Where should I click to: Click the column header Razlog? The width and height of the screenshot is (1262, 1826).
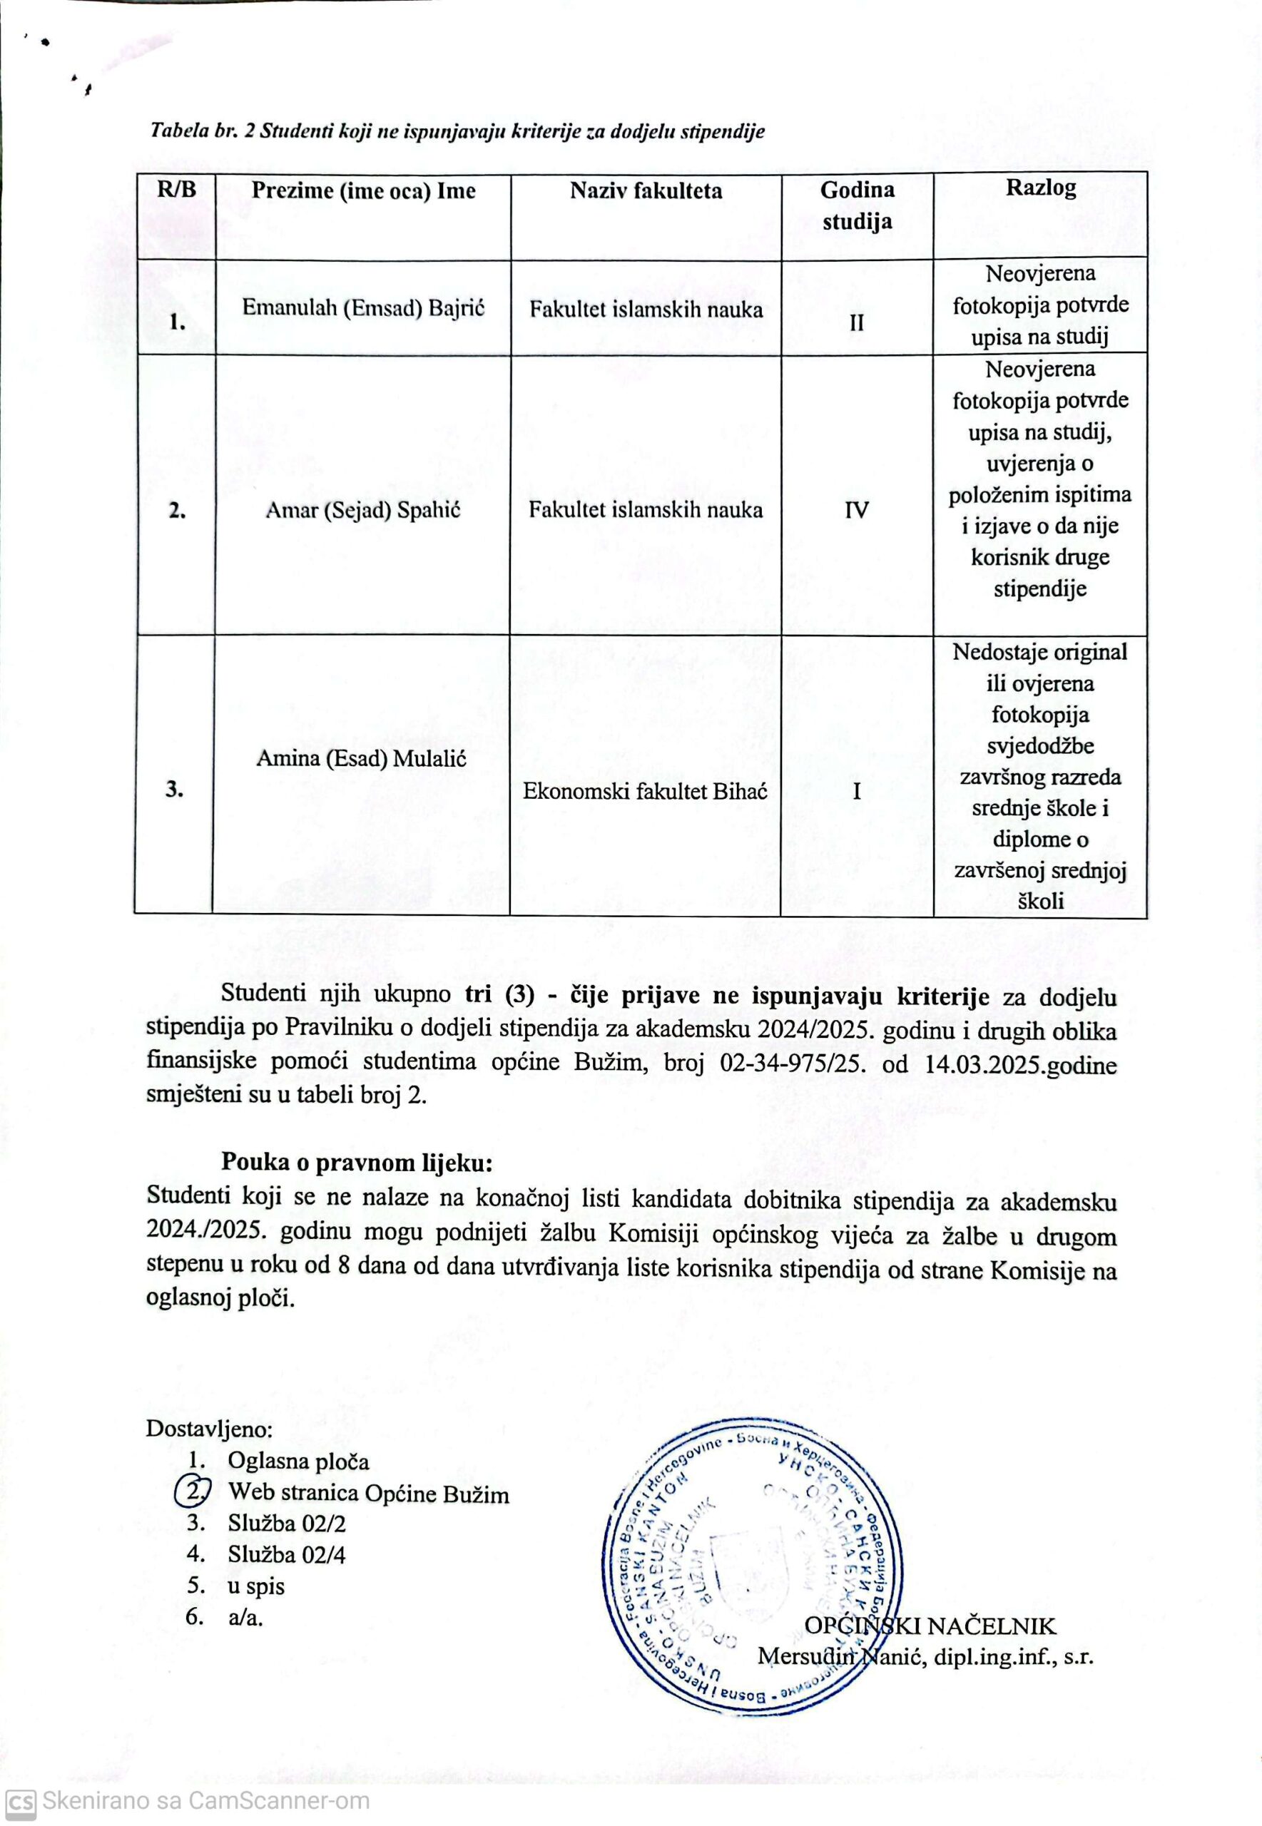tap(1040, 189)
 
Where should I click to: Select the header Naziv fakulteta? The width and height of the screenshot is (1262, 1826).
tap(646, 190)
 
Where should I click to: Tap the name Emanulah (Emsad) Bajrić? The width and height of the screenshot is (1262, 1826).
tap(363, 307)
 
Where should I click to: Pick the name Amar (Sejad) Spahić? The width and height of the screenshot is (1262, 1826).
tap(363, 510)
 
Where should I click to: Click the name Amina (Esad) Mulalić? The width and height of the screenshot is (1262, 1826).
tap(362, 759)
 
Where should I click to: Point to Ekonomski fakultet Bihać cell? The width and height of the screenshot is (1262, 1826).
tap(645, 791)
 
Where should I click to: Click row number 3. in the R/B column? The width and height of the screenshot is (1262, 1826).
tap(175, 789)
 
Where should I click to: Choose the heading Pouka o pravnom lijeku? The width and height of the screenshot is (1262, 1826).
tap(357, 1163)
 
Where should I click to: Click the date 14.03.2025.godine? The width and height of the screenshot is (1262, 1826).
tap(1020, 1065)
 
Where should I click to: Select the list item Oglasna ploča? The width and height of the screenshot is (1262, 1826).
tap(298, 1462)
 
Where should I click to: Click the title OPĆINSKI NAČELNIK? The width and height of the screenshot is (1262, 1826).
tap(930, 1627)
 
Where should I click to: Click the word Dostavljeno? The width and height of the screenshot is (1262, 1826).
tap(210, 1429)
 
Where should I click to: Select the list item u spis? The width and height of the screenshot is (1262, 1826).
tap(256, 1586)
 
